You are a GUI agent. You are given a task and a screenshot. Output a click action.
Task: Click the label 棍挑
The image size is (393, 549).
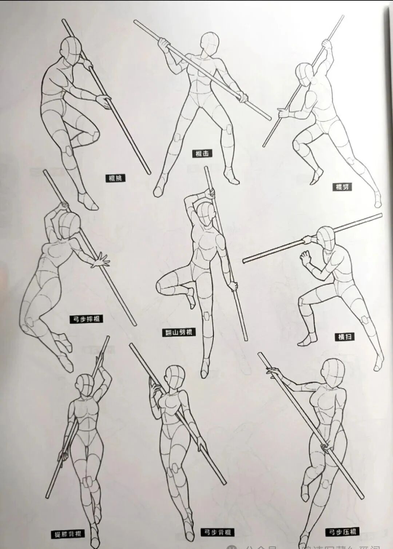coord(115,178)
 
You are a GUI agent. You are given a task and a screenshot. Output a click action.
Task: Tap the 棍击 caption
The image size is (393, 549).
coord(202,154)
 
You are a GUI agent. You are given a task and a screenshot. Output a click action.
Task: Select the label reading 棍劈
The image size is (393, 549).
coord(342,187)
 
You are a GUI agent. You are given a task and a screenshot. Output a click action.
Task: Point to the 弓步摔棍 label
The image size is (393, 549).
coord(86,319)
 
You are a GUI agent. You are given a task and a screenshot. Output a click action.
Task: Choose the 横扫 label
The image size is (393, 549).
coord(344,337)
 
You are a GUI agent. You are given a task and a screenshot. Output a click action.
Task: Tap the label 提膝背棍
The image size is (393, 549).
coord(68,534)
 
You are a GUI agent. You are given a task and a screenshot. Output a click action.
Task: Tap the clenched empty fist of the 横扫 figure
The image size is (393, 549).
coord(305,258)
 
